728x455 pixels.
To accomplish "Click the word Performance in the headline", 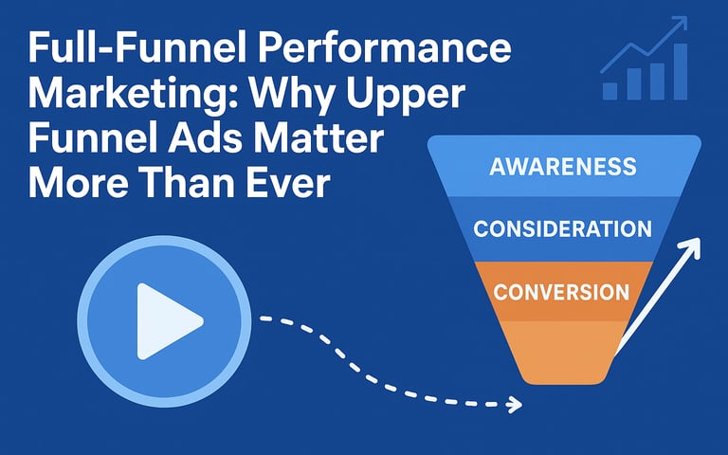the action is coord(385,47).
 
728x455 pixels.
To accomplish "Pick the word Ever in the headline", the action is coord(288,182).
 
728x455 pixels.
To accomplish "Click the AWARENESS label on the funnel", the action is coord(563,166).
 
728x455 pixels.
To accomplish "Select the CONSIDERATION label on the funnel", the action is coord(563,228).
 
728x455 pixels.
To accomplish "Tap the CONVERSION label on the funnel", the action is coord(561,292).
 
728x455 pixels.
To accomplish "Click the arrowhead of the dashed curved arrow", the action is coord(514,405).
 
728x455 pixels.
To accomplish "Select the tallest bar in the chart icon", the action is coord(681,71).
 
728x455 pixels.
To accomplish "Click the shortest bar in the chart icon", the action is coord(610,91).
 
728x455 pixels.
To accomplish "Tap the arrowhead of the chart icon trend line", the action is coord(681,23).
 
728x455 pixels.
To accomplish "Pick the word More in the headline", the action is coord(78,182).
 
